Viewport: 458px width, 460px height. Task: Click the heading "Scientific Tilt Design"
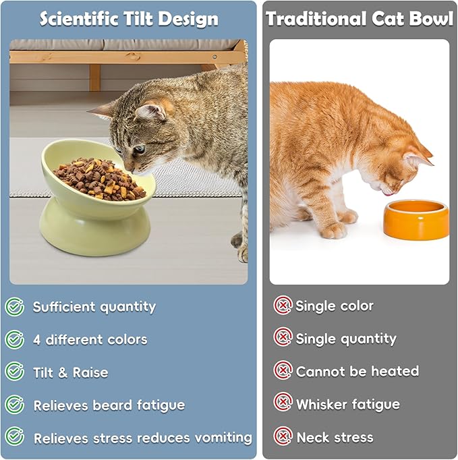coord(129,18)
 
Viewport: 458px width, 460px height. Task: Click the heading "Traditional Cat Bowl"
coord(360,18)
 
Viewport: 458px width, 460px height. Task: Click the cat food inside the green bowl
coord(99,178)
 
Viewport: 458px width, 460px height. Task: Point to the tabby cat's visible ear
coord(150,108)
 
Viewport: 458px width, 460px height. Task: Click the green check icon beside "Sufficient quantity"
coord(15,307)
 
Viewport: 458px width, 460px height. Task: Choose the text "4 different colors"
coord(90,339)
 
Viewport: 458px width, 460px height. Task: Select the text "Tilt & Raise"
coord(70,372)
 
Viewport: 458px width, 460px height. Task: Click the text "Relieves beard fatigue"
coord(109,405)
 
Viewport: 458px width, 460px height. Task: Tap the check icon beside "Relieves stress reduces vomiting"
coord(15,437)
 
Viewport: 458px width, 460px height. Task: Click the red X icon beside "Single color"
coord(283,306)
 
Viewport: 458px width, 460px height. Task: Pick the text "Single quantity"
coord(346,339)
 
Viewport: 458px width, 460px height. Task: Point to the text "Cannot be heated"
coord(357,371)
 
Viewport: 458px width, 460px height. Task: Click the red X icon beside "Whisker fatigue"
coord(283,403)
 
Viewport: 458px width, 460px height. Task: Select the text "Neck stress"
coord(335,437)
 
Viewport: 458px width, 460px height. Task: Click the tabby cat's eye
coord(138,149)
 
